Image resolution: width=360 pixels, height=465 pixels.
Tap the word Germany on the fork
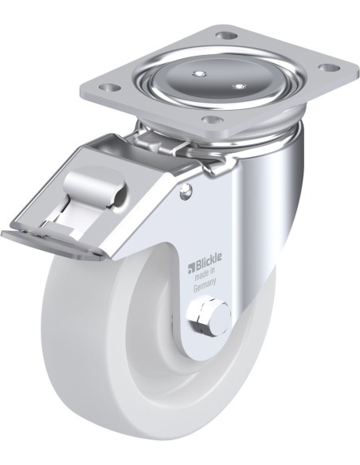pyautogui.click(x=204, y=287)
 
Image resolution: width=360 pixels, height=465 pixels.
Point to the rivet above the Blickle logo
pyautogui.click(x=186, y=190)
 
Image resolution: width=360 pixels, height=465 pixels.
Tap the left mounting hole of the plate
pyautogui.click(x=109, y=88)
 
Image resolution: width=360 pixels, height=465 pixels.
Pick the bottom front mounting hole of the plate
pyautogui.click(x=212, y=119)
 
